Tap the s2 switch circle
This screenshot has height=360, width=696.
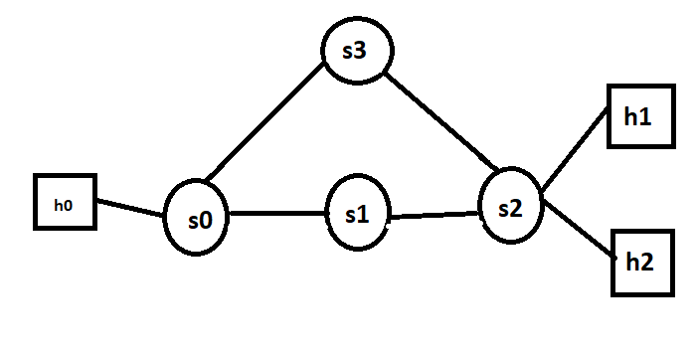510,206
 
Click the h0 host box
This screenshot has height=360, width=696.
65,204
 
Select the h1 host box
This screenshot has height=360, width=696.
638,116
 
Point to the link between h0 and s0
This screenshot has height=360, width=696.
130,207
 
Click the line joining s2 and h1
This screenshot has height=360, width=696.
574,147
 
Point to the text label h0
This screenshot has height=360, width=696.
64,205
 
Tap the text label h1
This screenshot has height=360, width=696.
638,116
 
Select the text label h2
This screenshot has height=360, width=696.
641,263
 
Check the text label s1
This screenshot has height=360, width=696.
358,215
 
